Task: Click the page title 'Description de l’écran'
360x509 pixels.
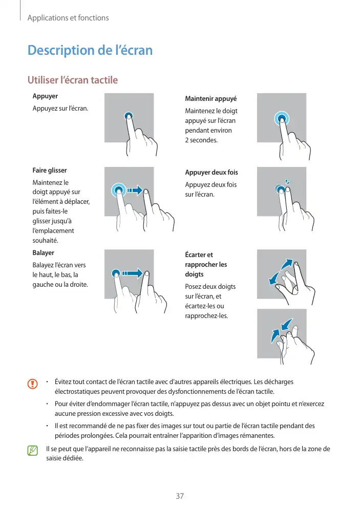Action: click(90, 51)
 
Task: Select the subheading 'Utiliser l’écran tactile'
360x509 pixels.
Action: click(72, 80)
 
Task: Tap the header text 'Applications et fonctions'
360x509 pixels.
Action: click(68, 18)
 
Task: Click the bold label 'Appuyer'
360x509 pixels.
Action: click(45, 96)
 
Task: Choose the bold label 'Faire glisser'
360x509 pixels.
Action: click(50, 170)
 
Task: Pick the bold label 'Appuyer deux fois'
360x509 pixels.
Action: click(211, 173)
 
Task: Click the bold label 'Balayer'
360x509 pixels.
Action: click(43, 253)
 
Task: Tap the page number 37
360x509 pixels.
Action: click(180, 496)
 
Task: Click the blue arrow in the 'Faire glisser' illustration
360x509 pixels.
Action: click(135, 190)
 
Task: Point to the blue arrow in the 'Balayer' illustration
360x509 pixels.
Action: click(133, 273)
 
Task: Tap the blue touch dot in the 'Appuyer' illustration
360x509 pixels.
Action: click(129, 116)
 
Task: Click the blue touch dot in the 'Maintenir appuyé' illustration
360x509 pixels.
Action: click(281, 119)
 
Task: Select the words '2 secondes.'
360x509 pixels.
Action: click(201, 140)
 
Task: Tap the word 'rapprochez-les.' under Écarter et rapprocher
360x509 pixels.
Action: click(206, 315)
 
